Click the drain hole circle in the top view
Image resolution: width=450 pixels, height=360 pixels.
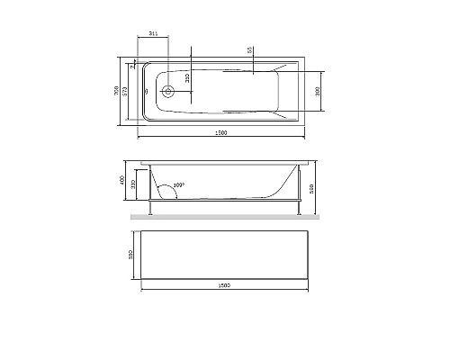(x=168, y=91)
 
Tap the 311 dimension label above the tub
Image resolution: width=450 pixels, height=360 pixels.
(x=153, y=33)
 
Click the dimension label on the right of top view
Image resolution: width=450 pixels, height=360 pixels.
(x=318, y=91)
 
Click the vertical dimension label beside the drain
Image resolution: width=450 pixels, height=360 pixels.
(x=187, y=79)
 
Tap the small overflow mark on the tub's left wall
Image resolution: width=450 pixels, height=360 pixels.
(x=147, y=91)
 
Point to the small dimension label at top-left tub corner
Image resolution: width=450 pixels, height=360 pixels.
(x=132, y=65)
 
